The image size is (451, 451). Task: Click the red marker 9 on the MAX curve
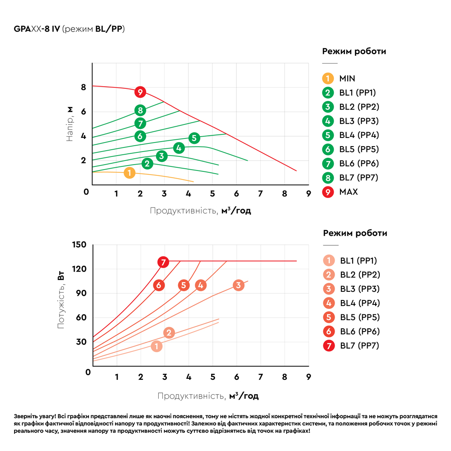(x=140, y=92)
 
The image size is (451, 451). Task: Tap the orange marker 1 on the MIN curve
(x=129, y=173)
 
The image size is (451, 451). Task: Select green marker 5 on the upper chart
(x=194, y=138)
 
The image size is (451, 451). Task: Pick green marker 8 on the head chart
(x=140, y=110)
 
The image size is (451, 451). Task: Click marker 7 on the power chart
(x=164, y=262)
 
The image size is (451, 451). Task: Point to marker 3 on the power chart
(x=239, y=285)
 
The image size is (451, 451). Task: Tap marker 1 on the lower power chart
(x=156, y=346)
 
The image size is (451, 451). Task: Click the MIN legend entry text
(x=347, y=78)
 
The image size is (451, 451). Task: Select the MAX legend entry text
(x=348, y=192)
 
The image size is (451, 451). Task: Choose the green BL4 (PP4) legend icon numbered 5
(x=328, y=135)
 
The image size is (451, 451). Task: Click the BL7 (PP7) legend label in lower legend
(x=359, y=346)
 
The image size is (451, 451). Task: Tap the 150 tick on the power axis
(x=79, y=244)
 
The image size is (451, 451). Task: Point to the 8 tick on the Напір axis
(x=83, y=87)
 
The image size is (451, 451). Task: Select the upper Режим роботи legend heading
(x=354, y=51)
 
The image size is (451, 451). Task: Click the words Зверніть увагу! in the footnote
(x=32, y=417)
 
